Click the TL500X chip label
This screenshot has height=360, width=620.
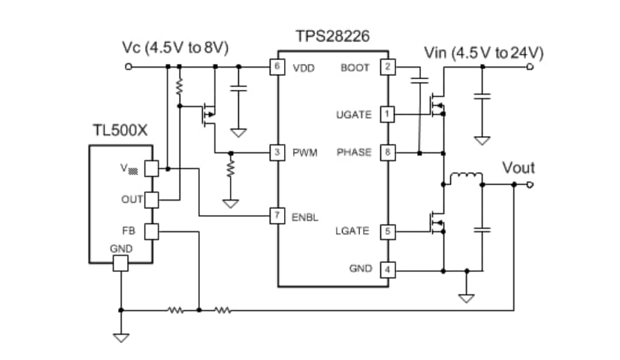tap(119, 130)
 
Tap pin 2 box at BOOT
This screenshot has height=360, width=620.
tap(388, 67)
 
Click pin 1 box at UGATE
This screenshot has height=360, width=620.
tap(388, 113)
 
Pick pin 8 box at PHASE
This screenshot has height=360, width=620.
tap(388, 153)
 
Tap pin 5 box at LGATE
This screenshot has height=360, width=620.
tap(388, 231)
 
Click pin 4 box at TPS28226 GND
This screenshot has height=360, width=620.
tap(388, 268)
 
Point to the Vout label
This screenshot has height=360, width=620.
tap(518, 168)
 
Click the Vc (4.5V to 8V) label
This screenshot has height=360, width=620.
tap(175, 49)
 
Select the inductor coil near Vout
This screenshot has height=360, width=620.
tap(465, 179)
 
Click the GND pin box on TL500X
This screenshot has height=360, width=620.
tap(120, 263)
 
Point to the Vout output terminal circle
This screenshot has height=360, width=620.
tap(530, 184)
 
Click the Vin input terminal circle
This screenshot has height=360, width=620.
tap(530, 67)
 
